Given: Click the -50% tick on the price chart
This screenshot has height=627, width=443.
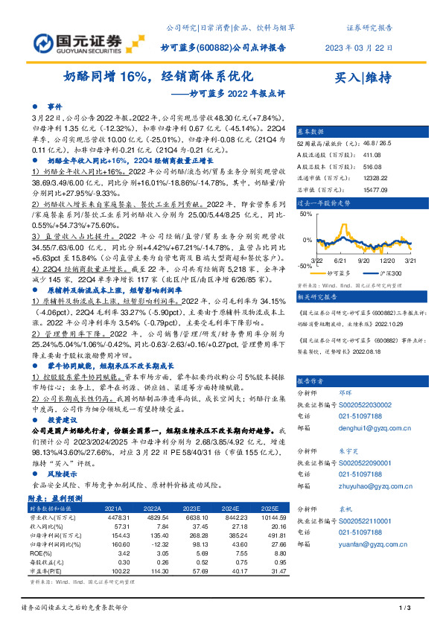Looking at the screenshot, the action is click(305, 265).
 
